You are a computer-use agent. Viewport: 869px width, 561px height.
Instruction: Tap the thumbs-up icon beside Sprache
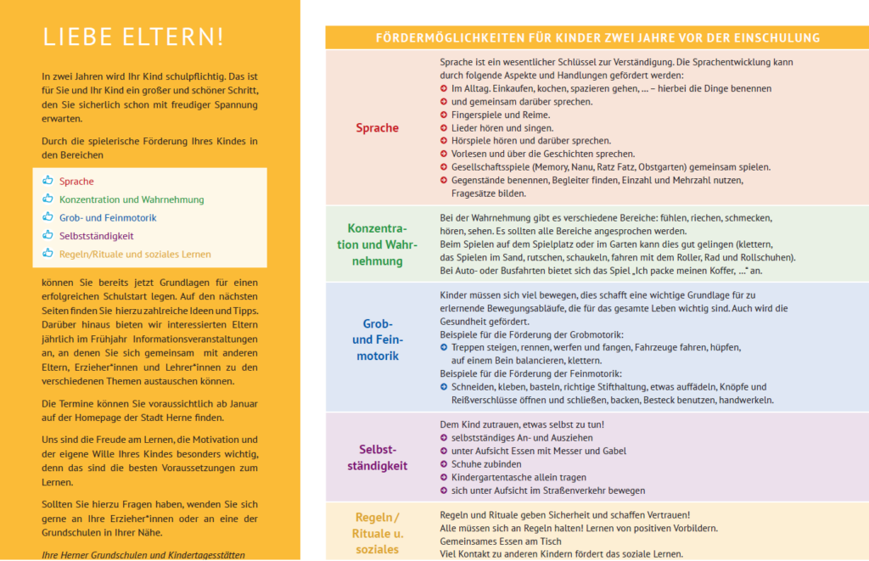(48, 181)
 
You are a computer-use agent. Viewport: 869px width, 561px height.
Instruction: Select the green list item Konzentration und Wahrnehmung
(132, 199)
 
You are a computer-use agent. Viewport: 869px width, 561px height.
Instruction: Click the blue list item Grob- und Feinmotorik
(108, 217)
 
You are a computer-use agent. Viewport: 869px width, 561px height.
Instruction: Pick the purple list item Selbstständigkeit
(97, 236)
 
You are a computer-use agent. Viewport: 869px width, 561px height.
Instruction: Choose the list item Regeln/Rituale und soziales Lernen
(135, 254)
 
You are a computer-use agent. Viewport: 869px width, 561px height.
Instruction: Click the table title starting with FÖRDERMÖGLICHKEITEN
(597, 37)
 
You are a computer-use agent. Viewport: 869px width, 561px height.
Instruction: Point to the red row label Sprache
(377, 128)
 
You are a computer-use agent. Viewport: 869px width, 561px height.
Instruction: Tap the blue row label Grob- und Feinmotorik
(377, 339)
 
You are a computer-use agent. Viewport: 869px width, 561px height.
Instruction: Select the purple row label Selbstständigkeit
(377, 457)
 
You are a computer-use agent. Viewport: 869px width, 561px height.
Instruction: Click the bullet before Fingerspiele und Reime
(444, 115)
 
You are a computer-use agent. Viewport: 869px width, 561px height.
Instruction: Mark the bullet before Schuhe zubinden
(444, 464)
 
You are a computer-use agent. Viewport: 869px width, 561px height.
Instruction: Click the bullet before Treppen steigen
(444, 347)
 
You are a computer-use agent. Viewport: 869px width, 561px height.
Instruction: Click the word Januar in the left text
(241, 403)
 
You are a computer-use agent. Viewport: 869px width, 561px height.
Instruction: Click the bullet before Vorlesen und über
(444, 154)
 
